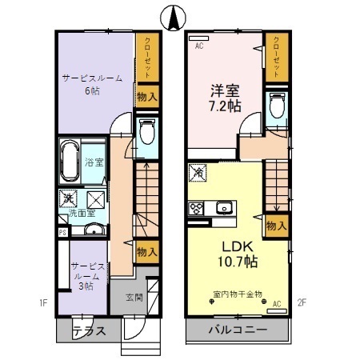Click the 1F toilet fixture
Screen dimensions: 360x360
click(147, 132)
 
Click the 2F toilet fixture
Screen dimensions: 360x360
click(277, 107)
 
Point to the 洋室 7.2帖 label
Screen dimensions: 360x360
click(224, 98)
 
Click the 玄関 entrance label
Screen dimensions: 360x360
click(134, 298)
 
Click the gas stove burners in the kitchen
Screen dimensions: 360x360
click(195, 209)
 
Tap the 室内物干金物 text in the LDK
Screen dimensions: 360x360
click(238, 294)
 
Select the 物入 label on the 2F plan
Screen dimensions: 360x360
click(274, 226)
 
